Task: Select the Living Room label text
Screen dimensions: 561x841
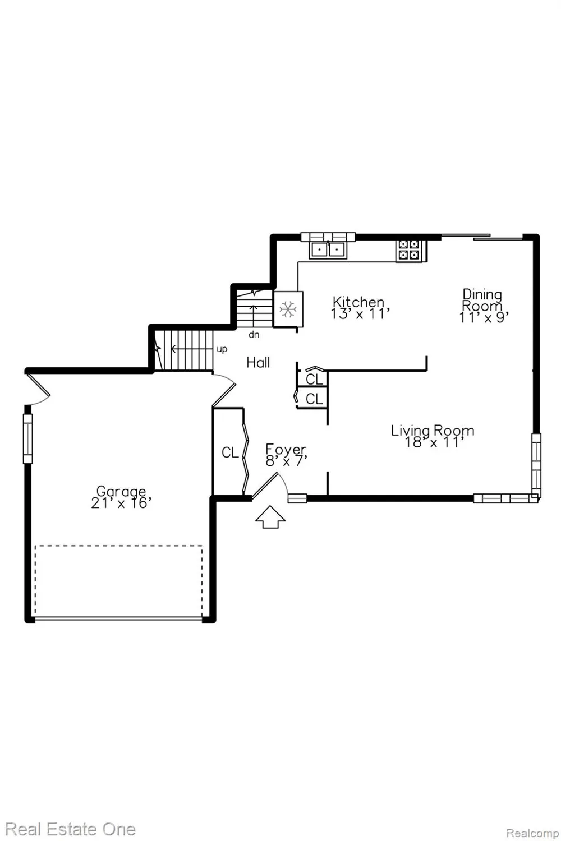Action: [x=433, y=430]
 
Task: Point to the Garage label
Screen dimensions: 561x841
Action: [x=121, y=491]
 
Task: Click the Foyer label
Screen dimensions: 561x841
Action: [x=286, y=450]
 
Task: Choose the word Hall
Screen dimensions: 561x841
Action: [x=258, y=362]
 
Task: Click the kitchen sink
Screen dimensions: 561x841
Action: [x=328, y=249]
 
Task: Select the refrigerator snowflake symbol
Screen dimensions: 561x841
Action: [x=288, y=309]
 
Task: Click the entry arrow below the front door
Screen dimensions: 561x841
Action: [x=270, y=517]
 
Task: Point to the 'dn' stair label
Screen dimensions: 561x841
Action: [x=254, y=335]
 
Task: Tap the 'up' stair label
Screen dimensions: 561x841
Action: [x=222, y=349]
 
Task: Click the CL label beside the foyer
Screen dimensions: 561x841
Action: [x=231, y=452]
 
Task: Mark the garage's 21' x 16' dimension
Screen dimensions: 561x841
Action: [x=121, y=503]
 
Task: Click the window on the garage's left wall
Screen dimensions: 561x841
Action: [x=28, y=438]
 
